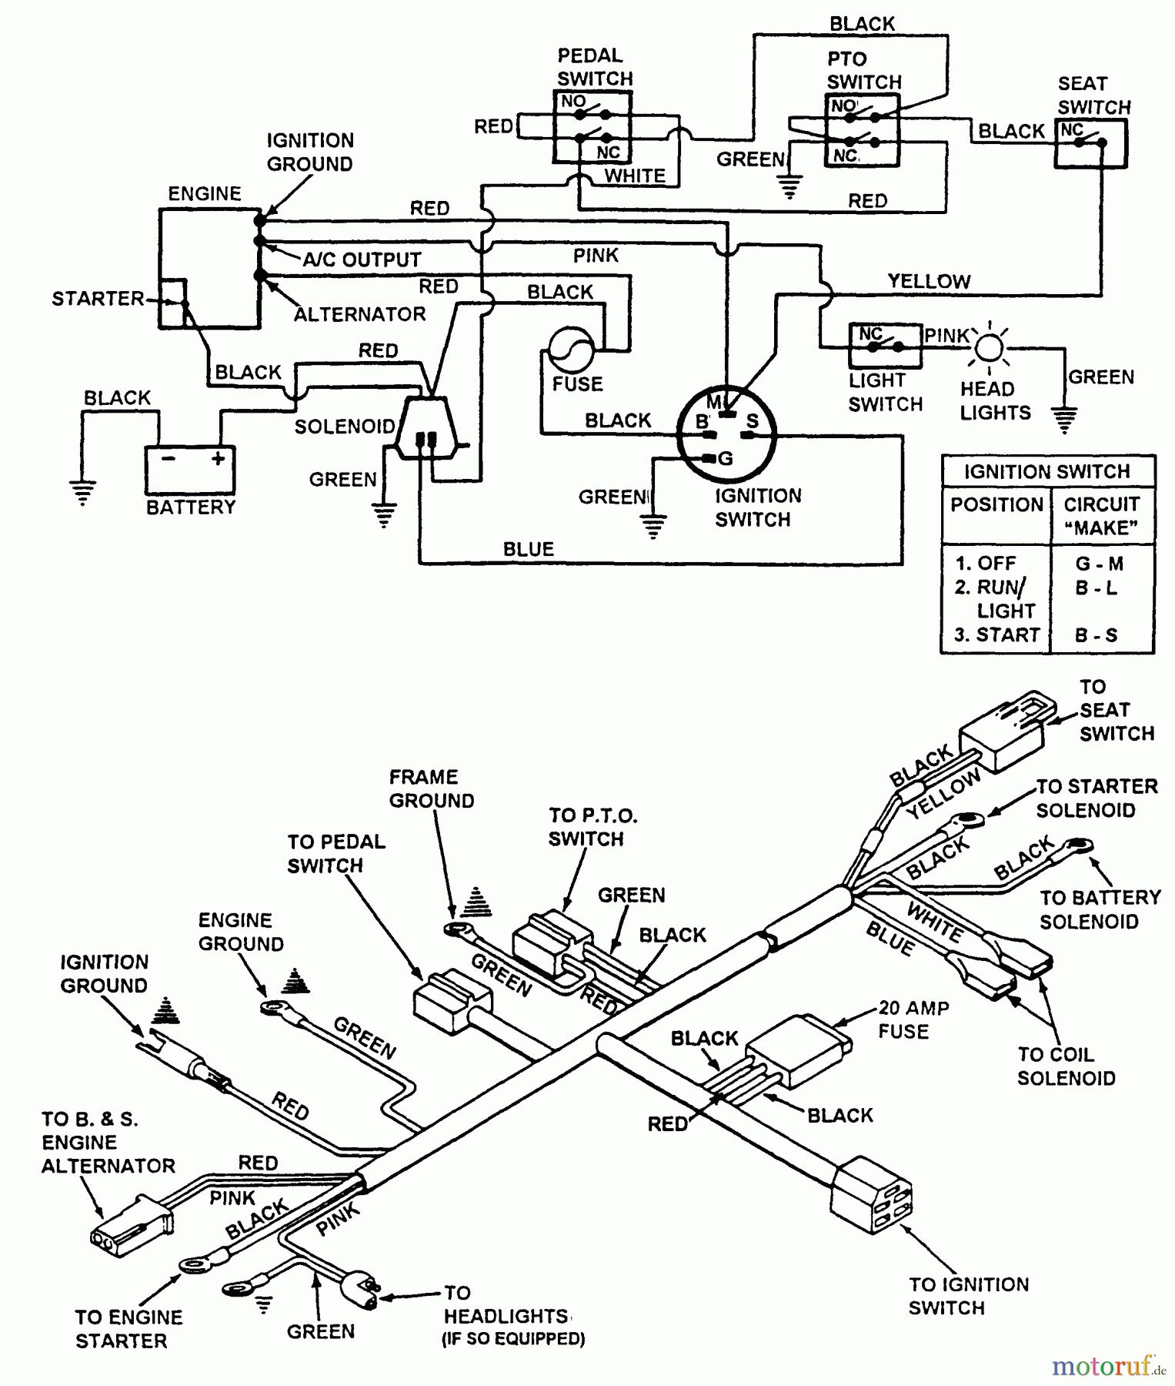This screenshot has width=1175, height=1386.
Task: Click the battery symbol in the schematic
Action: [190, 469]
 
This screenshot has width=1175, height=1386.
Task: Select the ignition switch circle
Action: [726, 434]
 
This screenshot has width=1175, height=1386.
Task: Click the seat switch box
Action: [1090, 143]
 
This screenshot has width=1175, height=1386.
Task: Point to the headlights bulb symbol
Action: [989, 349]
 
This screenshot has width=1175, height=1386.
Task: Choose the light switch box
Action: [885, 346]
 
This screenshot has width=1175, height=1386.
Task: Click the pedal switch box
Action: [593, 127]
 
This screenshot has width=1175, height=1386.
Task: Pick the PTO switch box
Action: [862, 130]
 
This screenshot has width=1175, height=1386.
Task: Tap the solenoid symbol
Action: [427, 431]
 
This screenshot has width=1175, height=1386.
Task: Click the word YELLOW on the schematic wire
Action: [929, 282]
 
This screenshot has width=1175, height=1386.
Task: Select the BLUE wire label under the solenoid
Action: [528, 549]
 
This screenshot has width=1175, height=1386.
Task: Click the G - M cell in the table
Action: [1099, 564]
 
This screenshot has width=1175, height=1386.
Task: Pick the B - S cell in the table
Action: [1096, 636]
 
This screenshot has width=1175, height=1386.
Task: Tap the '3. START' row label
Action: [996, 636]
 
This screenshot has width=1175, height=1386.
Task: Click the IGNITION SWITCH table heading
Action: [1046, 471]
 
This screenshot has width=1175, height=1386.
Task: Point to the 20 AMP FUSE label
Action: [913, 1019]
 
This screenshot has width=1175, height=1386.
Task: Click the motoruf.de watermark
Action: [1109, 1366]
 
